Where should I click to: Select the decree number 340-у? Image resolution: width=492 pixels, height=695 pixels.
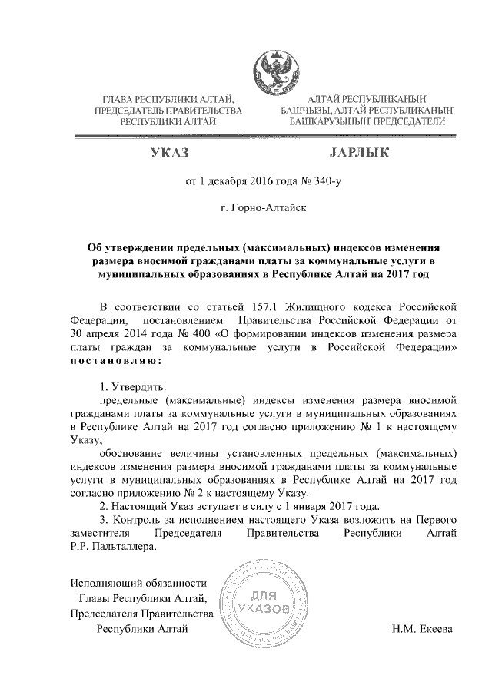[x=314, y=182]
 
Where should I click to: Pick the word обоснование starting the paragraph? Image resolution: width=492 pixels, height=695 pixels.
[x=136, y=451]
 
